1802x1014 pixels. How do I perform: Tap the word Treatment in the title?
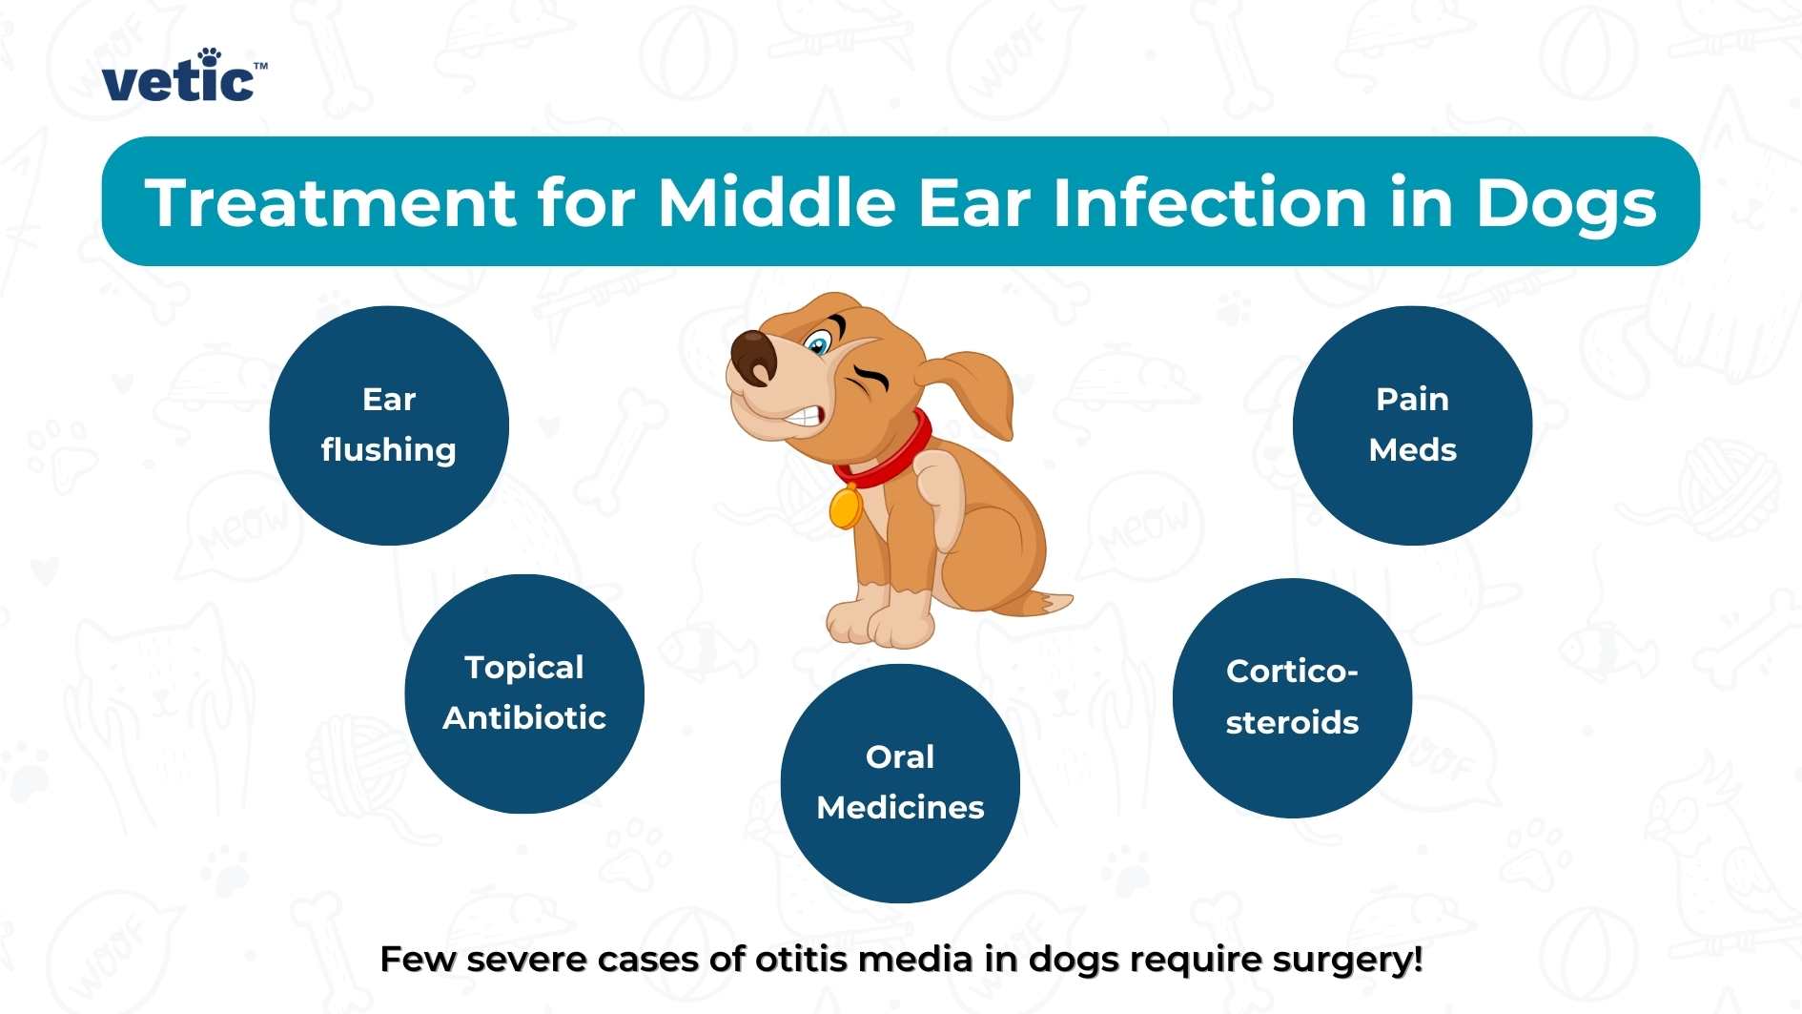(330, 203)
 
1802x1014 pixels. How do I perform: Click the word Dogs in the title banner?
(1566, 203)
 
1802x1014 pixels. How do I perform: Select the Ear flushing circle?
(389, 425)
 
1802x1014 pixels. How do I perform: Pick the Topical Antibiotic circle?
(524, 693)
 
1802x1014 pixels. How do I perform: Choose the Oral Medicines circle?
(900, 783)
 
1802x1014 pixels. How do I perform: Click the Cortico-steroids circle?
(1292, 697)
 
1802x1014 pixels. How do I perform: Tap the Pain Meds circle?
(1412, 425)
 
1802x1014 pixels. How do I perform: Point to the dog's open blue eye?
(818, 343)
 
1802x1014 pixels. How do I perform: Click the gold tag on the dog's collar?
(845, 507)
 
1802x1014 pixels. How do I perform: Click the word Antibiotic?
(524, 717)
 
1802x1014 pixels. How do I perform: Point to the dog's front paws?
(877, 625)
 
